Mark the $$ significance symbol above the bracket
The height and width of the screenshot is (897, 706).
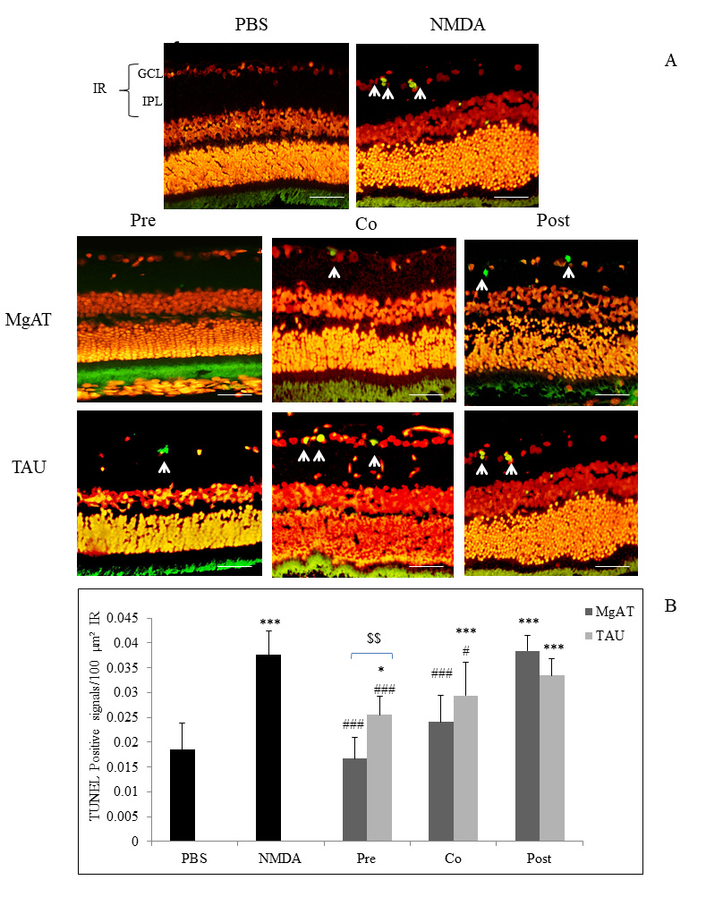375,639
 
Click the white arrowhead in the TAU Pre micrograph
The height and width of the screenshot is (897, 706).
164,466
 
